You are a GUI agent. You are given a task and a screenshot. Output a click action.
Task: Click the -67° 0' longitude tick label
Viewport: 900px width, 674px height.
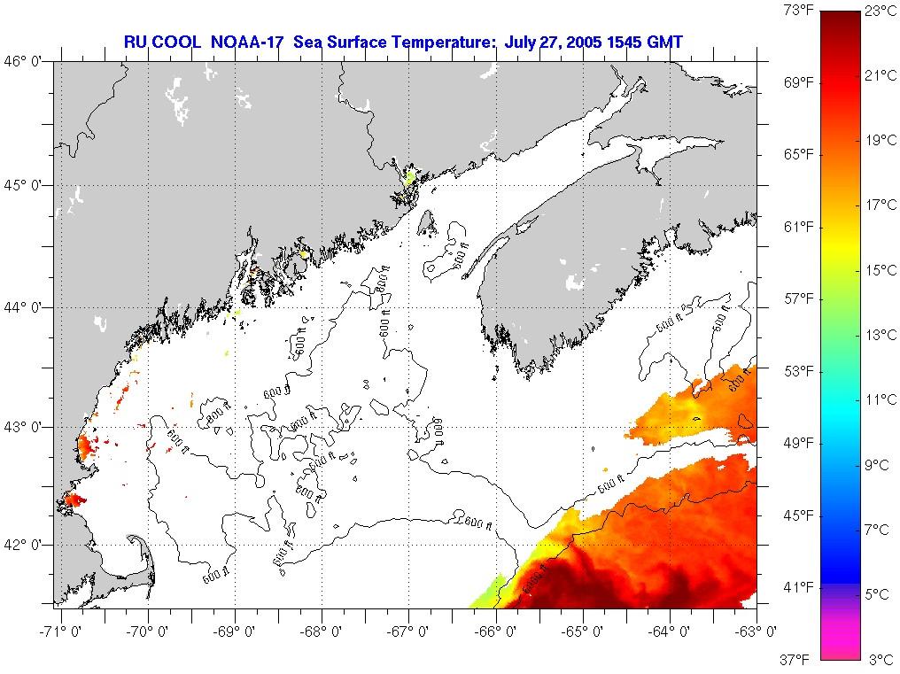[407, 631]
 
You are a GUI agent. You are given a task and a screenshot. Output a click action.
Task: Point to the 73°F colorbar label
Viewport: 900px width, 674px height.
[798, 11]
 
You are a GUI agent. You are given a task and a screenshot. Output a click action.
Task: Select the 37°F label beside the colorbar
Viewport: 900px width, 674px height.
[798, 659]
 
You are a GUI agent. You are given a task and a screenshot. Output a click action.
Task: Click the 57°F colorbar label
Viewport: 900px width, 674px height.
[798, 298]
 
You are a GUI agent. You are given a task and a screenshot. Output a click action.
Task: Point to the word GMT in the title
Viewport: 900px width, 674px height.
[665, 42]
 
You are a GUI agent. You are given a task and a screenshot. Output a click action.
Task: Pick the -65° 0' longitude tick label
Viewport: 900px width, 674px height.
[582, 631]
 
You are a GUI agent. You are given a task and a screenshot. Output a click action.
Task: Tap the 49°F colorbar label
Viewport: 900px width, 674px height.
[798, 443]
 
